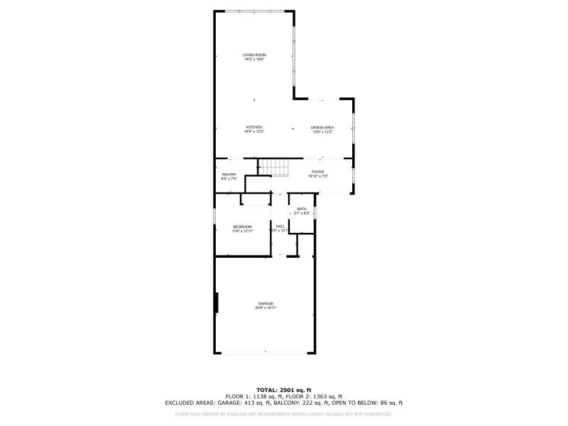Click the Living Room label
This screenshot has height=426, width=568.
[x=253, y=55]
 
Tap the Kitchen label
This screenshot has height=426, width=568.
[x=253, y=127]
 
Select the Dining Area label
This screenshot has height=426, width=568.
[x=322, y=127]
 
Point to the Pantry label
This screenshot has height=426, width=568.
[x=229, y=174]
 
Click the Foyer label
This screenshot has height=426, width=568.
[x=317, y=171]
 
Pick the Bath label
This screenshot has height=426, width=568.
[x=302, y=209]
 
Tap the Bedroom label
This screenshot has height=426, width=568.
[x=242, y=226]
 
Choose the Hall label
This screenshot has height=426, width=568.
[x=280, y=226]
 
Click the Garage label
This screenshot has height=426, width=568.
[x=266, y=303]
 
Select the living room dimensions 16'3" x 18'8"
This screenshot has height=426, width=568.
[x=253, y=60]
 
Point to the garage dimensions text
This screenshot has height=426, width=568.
[x=266, y=308]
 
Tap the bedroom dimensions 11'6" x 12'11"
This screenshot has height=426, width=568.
[x=242, y=231]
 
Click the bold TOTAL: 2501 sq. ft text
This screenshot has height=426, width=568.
[x=284, y=390]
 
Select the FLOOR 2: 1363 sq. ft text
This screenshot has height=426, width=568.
[x=317, y=396]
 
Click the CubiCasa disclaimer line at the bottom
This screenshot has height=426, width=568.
[x=284, y=413]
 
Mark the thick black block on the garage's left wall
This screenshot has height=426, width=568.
[x=217, y=303]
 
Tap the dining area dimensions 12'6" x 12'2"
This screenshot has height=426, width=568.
[x=322, y=132]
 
